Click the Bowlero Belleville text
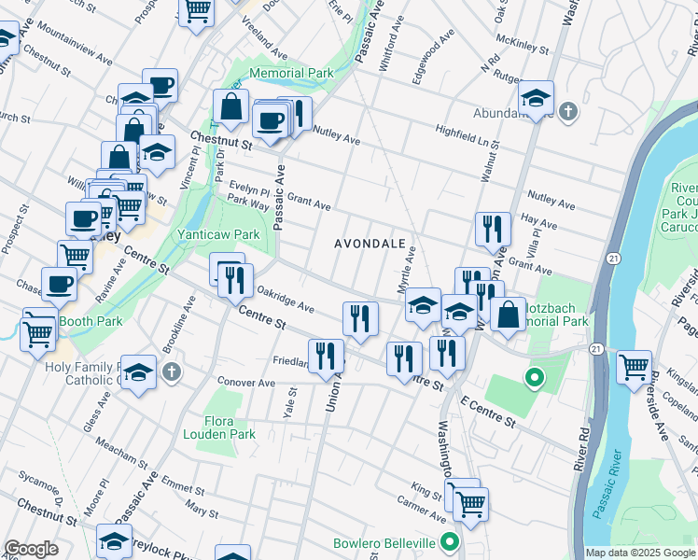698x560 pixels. point(384,543)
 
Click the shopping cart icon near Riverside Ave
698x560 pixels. point(634,367)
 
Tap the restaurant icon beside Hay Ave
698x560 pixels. point(492,229)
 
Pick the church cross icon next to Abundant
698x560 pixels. point(568,113)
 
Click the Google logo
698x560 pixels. point(31,549)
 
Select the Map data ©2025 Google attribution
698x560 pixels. point(640,553)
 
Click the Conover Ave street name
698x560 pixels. point(245,383)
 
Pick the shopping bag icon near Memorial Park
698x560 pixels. point(230,108)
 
